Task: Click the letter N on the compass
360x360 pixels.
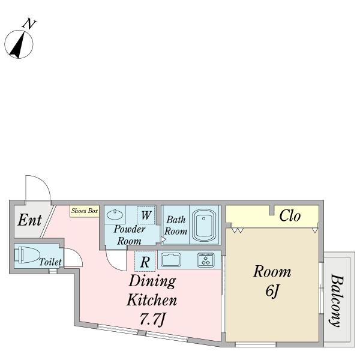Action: point(29,24)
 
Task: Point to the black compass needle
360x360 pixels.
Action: point(17,46)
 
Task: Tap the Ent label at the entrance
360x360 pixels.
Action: point(29,220)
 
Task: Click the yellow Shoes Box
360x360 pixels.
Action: point(85,211)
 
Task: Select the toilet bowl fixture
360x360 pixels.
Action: point(27,255)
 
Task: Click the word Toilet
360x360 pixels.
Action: point(50,262)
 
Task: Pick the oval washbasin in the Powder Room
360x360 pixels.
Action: point(115,214)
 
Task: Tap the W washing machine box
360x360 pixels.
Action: point(146,215)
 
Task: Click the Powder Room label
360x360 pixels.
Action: point(129,235)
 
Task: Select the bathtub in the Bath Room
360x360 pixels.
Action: point(204,225)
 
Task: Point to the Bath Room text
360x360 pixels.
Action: point(176,226)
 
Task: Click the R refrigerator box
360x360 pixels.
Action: point(145,262)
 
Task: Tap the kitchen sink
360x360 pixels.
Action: point(170,260)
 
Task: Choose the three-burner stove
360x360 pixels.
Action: point(206,260)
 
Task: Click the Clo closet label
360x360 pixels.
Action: point(290,216)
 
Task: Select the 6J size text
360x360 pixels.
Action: point(272,291)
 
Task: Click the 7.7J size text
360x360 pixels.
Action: point(152,319)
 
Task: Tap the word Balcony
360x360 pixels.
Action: point(337,301)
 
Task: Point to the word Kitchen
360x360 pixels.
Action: point(152,300)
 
